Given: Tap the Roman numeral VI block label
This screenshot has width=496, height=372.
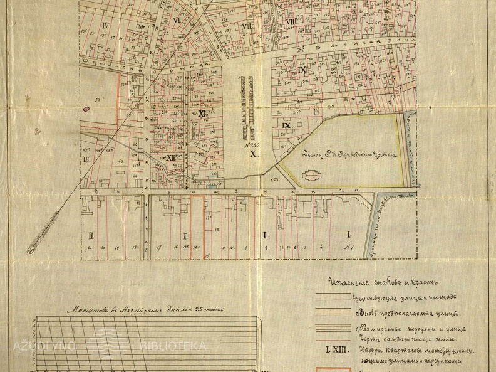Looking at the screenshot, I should coord(177,20).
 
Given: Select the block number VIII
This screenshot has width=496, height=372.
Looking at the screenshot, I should coord(291,23).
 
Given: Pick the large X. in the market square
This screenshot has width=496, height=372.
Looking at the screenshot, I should coord(253,154).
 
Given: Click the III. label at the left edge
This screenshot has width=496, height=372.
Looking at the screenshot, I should coord(86,160).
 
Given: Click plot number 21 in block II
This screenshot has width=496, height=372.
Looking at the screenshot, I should coord(90,248).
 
